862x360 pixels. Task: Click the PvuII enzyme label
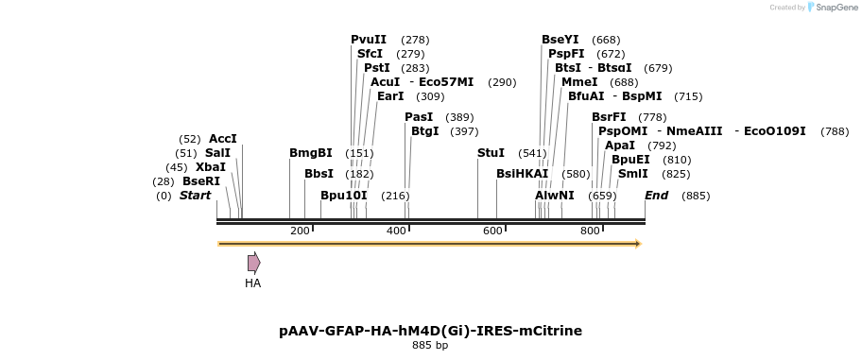point(369,40)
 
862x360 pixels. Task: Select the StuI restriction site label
point(491,153)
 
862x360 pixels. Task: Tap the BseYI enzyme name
point(560,40)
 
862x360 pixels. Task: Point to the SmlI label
point(632,174)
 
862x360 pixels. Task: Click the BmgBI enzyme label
point(311,153)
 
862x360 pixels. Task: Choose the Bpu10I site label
point(343,196)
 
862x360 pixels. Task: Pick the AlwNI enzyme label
point(555,196)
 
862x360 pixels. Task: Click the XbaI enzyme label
point(211,167)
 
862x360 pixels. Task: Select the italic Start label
point(195,196)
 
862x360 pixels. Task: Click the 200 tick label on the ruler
point(300,231)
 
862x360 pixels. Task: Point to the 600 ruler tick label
point(492,231)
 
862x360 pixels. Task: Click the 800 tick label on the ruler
point(590,231)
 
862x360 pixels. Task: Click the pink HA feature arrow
point(253,263)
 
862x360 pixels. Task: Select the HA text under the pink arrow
point(252,283)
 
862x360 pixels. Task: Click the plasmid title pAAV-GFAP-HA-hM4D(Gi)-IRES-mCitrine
point(430,331)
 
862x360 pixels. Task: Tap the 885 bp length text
point(430,346)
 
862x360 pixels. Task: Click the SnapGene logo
point(832,8)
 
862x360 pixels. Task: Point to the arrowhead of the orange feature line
point(638,244)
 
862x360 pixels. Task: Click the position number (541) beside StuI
point(532,153)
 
